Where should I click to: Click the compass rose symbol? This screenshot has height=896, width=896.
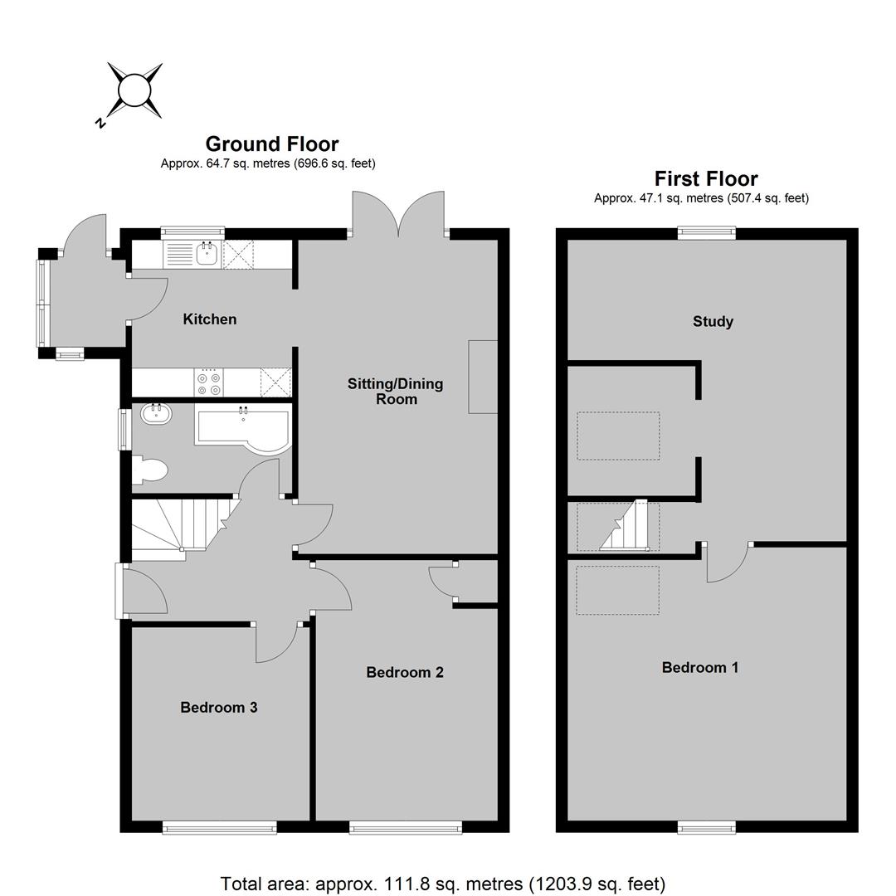(x=135, y=90)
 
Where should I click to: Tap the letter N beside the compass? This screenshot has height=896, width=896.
(x=100, y=122)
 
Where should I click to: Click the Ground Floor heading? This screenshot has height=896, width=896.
(x=272, y=144)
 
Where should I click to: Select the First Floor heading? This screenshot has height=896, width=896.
(x=706, y=179)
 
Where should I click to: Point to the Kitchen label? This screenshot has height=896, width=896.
(x=210, y=319)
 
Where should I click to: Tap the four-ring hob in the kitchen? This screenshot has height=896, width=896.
(x=208, y=382)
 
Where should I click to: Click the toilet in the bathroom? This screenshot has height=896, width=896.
(x=149, y=471)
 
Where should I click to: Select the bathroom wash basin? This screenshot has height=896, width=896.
(x=156, y=414)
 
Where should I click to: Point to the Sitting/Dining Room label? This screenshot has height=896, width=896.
(x=396, y=392)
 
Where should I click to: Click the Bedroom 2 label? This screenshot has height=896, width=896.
(x=405, y=672)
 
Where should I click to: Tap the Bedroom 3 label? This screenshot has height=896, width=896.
(x=219, y=708)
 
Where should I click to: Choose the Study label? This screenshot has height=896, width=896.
(x=713, y=321)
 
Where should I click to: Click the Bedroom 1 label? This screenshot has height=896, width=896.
(x=700, y=667)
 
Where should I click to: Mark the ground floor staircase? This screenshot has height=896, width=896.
(x=182, y=528)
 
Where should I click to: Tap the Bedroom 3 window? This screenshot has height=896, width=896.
(x=219, y=827)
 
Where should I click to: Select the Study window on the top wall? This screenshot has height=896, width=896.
(x=707, y=232)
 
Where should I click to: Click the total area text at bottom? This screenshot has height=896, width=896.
(x=443, y=884)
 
